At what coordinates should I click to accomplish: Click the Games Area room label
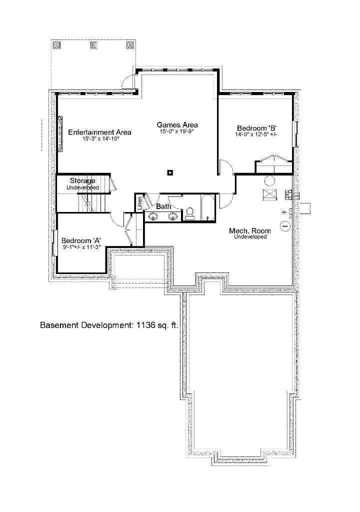click(x=177, y=124)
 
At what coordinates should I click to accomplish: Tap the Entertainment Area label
click(x=99, y=132)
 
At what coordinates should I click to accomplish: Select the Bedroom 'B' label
click(x=257, y=128)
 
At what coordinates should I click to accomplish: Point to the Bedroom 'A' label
click(x=81, y=241)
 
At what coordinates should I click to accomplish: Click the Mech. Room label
click(x=250, y=231)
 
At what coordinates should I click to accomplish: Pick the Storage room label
click(x=82, y=180)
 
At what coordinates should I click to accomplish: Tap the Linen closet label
click(x=140, y=203)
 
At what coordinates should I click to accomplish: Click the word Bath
click(x=163, y=206)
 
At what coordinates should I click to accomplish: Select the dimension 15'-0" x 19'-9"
click(x=177, y=131)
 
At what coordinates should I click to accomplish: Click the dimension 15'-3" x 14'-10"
click(x=101, y=139)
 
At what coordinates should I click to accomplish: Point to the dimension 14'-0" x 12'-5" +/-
click(x=256, y=134)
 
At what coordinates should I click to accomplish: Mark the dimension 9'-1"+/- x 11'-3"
click(x=81, y=247)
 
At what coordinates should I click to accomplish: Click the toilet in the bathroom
click(x=190, y=212)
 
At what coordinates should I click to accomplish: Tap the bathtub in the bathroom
click(x=207, y=207)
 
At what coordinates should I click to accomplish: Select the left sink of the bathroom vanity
click(x=153, y=216)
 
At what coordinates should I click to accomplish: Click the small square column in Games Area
click(x=170, y=172)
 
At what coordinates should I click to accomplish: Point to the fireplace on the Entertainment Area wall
click(x=60, y=134)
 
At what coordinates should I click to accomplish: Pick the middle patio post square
click(x=93, y=44)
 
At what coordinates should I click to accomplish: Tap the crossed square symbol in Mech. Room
click(x=269, y=194)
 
